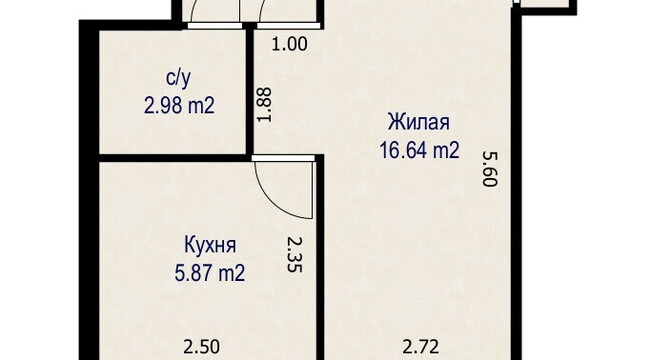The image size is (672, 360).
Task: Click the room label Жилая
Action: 419,122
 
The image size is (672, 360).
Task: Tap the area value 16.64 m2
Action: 420,150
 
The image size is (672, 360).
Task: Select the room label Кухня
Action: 210,246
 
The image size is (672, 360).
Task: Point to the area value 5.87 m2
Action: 210,273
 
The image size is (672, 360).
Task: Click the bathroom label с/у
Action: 178,79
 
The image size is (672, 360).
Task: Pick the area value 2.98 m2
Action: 179,105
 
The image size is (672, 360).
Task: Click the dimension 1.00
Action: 290,44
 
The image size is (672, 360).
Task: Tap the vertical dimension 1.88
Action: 264,105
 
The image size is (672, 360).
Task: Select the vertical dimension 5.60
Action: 489,169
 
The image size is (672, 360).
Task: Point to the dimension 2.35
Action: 295,255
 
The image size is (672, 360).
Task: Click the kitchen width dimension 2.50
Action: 201,347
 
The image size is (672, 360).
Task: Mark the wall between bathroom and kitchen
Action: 173,158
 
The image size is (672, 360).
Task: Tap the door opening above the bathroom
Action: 214,26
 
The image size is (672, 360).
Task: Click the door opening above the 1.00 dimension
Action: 288,26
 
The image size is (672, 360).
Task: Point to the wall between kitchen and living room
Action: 320,258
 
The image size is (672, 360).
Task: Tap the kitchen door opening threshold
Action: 283,158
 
